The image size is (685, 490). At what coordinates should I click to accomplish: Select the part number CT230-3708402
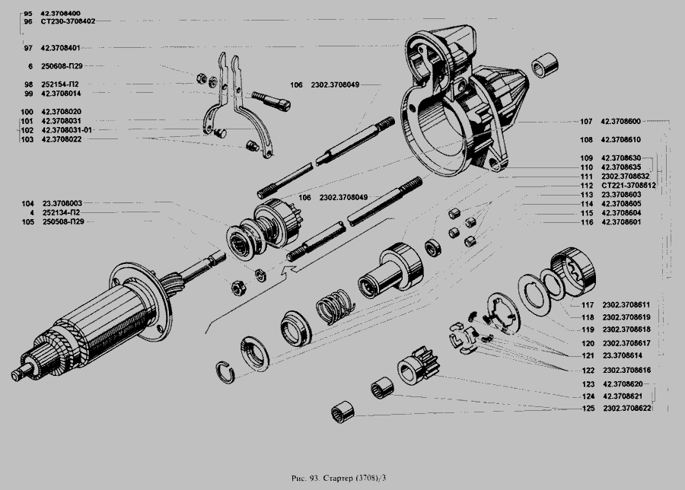[x=68, y=22]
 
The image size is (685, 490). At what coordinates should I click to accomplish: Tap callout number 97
[x=27, y=47]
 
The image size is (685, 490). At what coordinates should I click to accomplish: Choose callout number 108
[x=585, y=140]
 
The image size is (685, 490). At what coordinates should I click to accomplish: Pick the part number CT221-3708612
[x=629, y=185]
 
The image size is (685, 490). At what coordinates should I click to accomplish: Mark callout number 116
[x=585, y=221]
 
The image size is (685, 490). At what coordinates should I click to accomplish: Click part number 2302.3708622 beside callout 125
[x=629, y=409]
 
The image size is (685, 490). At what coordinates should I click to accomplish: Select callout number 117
[x=587, y=304]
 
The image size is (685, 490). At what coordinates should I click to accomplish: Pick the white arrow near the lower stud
[x=288, y=267]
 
